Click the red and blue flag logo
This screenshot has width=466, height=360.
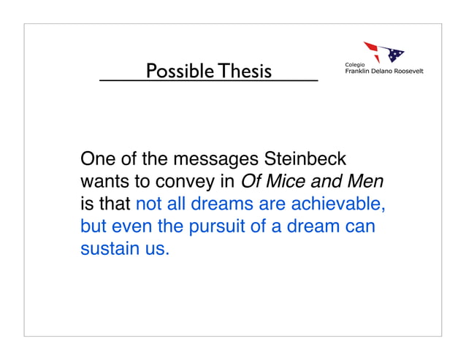pos(385,52)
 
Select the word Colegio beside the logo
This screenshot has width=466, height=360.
pos(355,65)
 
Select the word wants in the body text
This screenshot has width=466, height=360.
pos(104,181)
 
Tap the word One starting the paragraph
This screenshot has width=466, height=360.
pos(98,158)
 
